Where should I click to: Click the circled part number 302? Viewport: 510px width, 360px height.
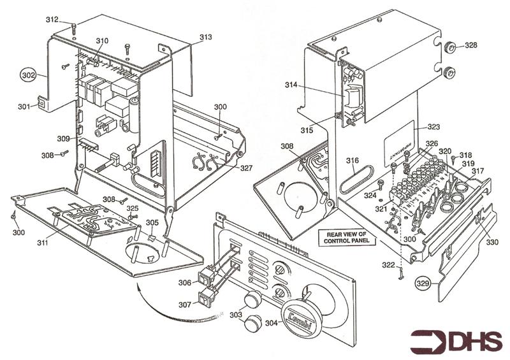(x=29, y=75)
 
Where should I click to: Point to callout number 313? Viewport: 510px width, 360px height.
(x=205, y=38)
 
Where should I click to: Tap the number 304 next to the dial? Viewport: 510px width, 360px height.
(x=271, y=322)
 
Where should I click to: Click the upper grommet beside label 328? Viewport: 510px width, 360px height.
(x=448, y=48)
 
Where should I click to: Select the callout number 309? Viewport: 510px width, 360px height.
(x=62, y=138)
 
